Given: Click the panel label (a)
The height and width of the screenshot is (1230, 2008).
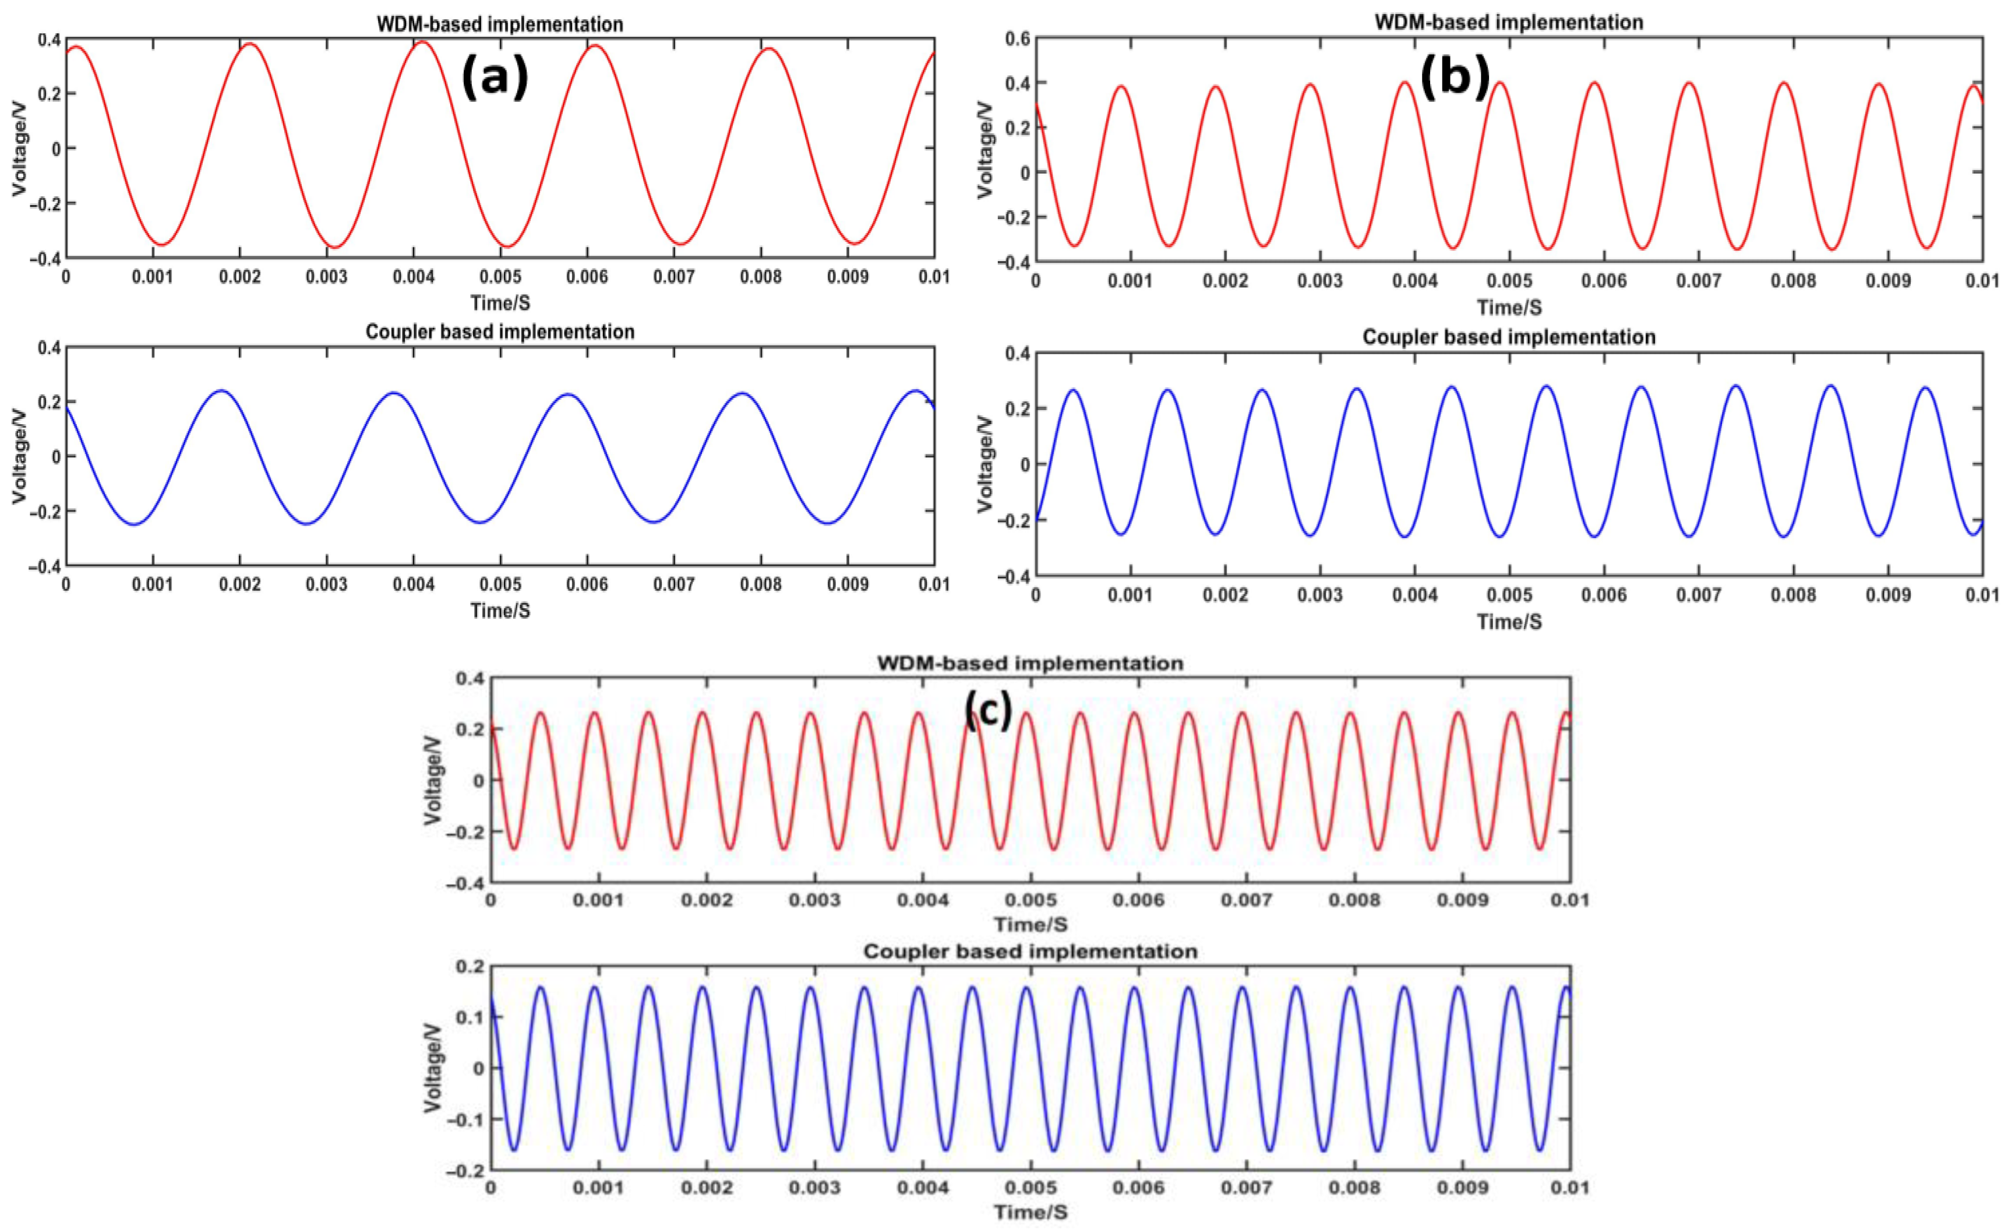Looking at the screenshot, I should [x=495, y=79].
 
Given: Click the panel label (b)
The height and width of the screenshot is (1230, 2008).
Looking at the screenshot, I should [x=1455, y=79].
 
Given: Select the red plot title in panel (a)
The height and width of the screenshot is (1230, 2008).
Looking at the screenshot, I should [x=500, y=24].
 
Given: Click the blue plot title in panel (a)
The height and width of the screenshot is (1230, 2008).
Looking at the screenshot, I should [x=500, y=333].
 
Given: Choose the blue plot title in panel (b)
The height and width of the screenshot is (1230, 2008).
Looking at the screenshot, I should [x=1508, y=337].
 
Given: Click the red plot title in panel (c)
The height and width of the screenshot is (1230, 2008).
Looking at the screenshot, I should [x=1029, y=664].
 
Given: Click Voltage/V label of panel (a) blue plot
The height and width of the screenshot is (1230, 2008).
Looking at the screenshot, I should [x=19, y=456].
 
